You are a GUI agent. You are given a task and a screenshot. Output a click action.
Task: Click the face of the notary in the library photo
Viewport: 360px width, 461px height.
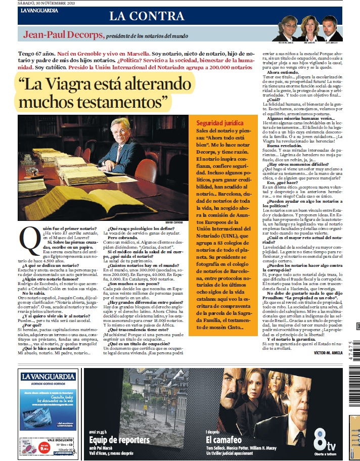(124, 129)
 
